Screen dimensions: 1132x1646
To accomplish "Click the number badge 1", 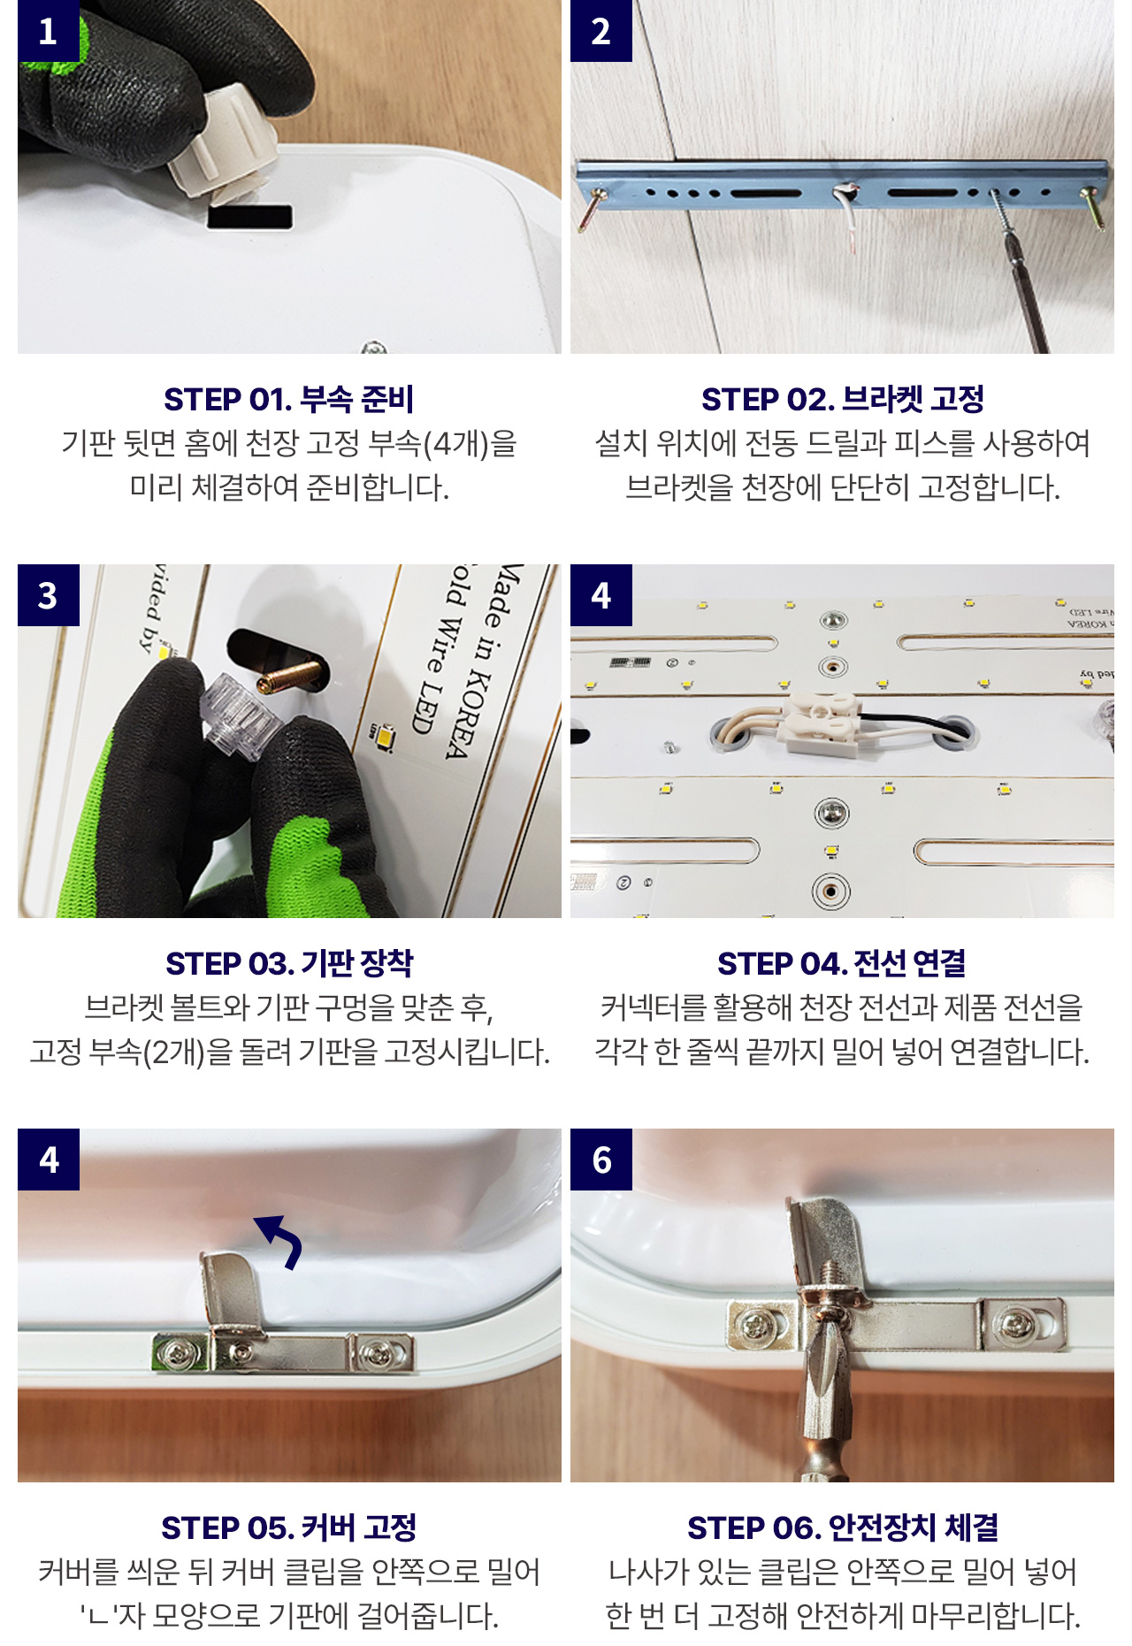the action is click(49, 31).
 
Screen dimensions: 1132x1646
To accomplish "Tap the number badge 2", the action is click(601, 31).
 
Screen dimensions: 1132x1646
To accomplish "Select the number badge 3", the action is click(49, 595).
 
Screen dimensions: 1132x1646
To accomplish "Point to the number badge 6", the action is click(601, 1160).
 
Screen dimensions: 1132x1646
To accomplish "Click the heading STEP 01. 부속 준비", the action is click(289, 400).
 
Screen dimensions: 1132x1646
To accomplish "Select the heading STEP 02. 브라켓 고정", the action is click(842, 400).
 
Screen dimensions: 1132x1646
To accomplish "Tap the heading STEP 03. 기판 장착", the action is click(289, 964).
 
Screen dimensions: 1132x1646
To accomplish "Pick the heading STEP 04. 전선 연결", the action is click(842, 964).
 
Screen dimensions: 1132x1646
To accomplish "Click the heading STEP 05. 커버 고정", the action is click(289, 1527).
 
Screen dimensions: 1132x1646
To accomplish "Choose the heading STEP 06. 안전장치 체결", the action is click(842, 1527).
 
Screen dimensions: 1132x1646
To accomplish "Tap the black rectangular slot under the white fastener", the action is click(250, 218).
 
